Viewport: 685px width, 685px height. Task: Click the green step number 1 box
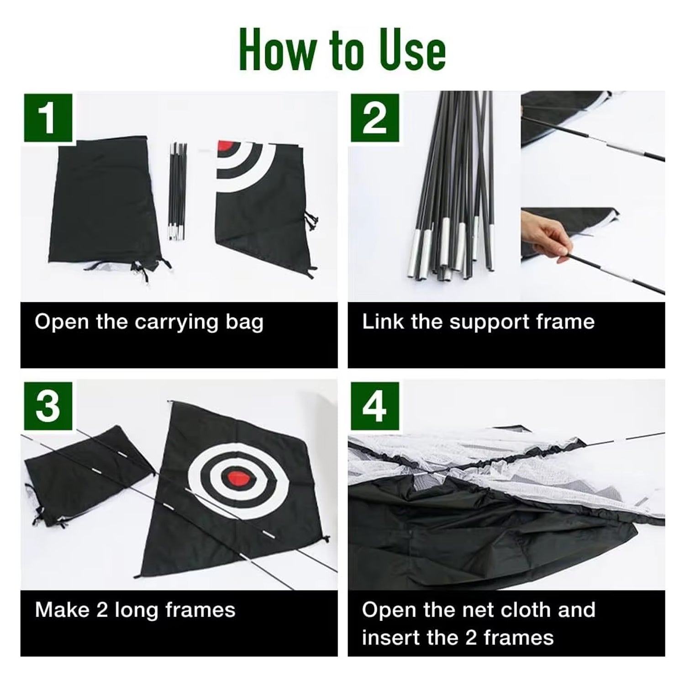click(x=48, y=118)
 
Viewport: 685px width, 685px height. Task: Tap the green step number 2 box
click(x=374, y=118)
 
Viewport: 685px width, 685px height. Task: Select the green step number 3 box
click(x=48, y=406)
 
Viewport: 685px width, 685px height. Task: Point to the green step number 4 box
click(x=374, y=406)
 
